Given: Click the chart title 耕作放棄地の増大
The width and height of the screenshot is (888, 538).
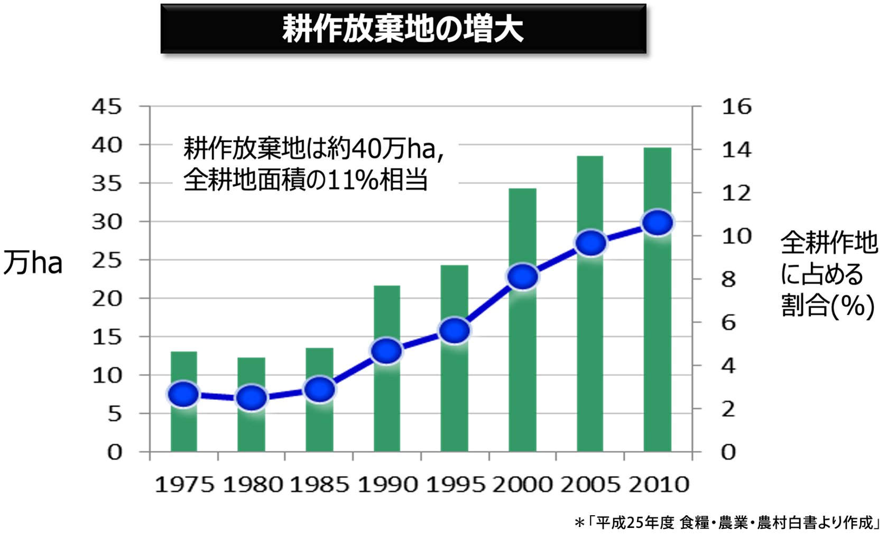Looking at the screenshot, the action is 403,30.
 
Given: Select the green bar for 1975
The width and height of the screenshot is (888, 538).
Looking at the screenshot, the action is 184,402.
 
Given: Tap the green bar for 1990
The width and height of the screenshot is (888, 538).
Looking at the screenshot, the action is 387,369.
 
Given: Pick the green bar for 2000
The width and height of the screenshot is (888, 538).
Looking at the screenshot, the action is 522,320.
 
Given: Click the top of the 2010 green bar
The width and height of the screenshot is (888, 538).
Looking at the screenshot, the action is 658,148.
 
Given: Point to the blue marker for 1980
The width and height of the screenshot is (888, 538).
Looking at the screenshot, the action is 252,398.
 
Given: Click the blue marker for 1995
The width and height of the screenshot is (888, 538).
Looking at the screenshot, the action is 455,331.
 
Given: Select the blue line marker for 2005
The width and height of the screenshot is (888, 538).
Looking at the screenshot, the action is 591,243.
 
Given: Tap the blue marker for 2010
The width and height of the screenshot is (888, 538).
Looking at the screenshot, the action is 658,223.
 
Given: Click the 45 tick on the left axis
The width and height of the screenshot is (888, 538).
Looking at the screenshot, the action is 107,107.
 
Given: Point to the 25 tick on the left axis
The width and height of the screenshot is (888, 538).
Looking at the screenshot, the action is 107,260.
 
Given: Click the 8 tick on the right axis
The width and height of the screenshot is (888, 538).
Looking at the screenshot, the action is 728,279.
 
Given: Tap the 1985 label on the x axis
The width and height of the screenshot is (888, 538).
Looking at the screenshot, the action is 319,485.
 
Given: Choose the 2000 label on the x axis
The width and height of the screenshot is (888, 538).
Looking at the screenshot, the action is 522,485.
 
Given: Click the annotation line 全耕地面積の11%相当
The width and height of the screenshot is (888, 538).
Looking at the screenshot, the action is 306,180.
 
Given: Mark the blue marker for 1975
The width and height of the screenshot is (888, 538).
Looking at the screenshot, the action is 183,395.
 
